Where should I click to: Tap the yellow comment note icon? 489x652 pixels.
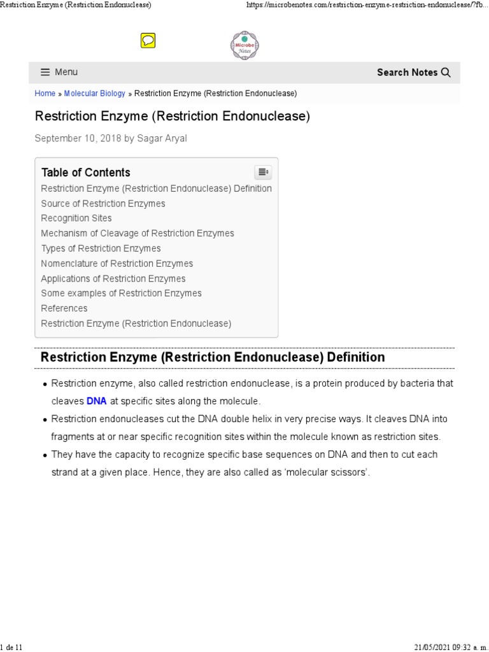148,41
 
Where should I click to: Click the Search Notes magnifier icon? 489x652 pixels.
446,73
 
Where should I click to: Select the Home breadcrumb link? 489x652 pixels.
45,94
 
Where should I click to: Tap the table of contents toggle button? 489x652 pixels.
263,172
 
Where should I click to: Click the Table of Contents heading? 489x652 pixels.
85,173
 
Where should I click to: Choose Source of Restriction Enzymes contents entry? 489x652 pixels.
103,204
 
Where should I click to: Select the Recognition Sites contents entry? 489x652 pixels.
76,218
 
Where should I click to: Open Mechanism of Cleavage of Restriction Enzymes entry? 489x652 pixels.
138,234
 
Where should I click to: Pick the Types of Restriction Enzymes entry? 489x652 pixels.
101,248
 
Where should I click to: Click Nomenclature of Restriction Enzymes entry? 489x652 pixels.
117,264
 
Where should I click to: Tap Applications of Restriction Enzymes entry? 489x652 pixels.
113,279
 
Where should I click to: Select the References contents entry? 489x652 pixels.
64,308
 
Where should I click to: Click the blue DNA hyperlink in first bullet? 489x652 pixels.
96,402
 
